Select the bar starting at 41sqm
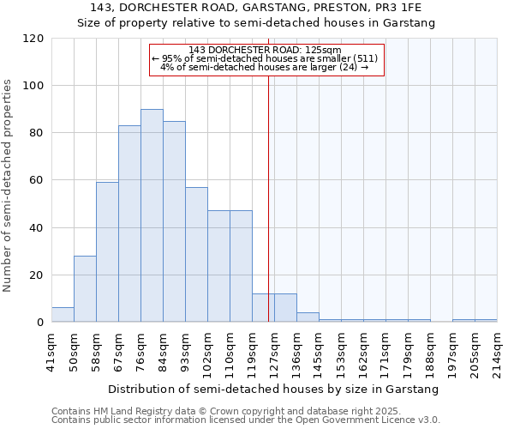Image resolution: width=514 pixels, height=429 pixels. (63, 315)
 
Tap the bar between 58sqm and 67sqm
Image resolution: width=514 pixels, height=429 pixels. (107, 252)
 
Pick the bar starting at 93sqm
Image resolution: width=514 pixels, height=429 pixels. (196, 255)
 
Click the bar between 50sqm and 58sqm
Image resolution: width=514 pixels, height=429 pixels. (85, 289)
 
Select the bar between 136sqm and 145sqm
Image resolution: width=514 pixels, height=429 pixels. (308, 317)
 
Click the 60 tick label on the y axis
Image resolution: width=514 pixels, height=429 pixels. (37, 181)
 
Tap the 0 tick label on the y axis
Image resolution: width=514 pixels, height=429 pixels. (40, 323)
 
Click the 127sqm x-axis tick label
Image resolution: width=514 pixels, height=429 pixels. (274, 350)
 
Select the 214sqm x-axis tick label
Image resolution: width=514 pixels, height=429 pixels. (497, 350)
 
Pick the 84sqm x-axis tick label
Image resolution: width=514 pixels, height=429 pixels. (163, 350)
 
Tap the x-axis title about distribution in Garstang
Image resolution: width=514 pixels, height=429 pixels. (273, 389)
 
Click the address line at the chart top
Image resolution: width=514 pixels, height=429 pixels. (256, 9)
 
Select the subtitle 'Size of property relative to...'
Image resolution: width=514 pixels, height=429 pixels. (256, 23)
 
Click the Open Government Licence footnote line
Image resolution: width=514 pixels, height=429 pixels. (246, 420)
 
